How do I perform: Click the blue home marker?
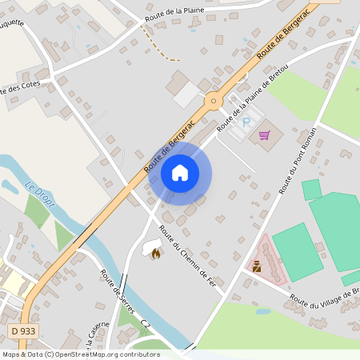click(180, 172)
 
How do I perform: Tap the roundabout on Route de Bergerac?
click(213, 101)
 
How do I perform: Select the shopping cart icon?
click(265, 134)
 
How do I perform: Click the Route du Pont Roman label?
click(298, 160)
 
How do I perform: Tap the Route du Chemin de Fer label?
click(188, 256)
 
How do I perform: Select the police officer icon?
click(256, 267)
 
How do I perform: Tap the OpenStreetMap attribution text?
click(80, 354)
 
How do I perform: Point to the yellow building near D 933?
click(14, 282)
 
